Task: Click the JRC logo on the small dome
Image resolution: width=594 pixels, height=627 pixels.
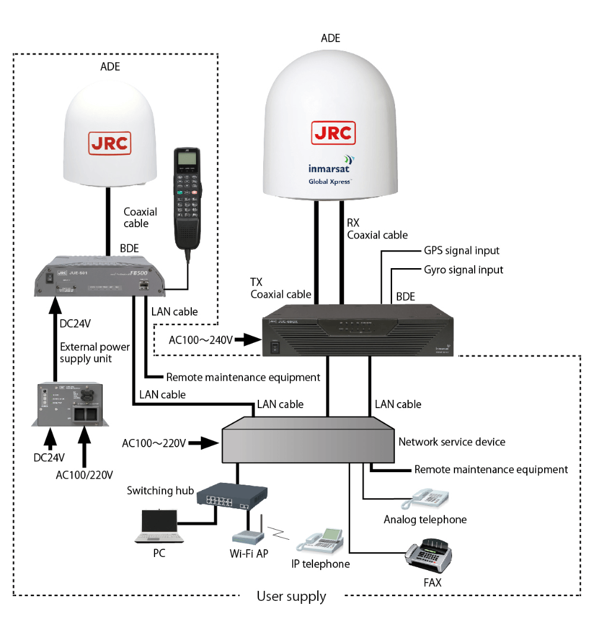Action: [x=110, y=142]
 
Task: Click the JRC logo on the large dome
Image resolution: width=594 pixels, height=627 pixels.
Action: [x=333, y=132]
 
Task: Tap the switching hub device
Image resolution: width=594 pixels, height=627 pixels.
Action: [x=232, y=496]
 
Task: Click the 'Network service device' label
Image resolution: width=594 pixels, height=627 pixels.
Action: [x=451, y=442]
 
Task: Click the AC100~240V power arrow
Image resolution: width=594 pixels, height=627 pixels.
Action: [x=250, y=340]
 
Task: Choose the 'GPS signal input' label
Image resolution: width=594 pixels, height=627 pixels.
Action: [x=462, y=250]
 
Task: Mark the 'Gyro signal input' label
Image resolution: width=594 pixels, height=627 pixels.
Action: [x=463, y=270]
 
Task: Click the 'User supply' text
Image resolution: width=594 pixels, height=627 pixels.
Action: [x=291, y=596]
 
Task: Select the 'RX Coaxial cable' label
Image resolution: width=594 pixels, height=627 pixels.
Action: [x=377, y=229]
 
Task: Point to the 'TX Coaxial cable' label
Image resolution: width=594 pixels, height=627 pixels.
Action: [x=280, y=288]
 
